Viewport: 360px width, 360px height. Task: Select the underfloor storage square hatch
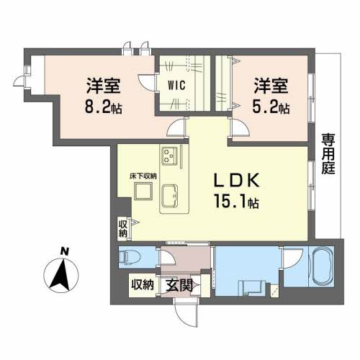pos(142,191)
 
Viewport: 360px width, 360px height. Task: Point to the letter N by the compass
pos(64,251)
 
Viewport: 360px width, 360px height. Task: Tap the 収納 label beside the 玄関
pos(143,285)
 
